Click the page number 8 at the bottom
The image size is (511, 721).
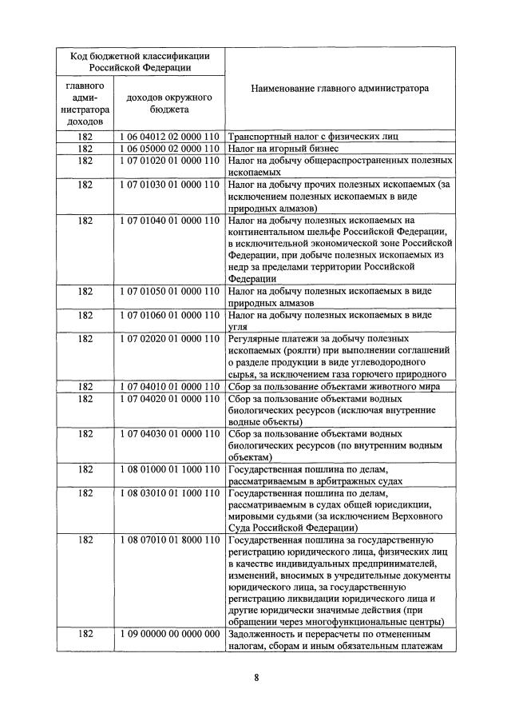pos(255,678)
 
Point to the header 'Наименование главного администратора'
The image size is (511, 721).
pos(339,88)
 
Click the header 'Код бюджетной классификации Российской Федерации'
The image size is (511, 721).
pos(141,61)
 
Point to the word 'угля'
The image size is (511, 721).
pos(238,327)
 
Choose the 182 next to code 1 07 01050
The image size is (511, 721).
pos(85,292)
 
